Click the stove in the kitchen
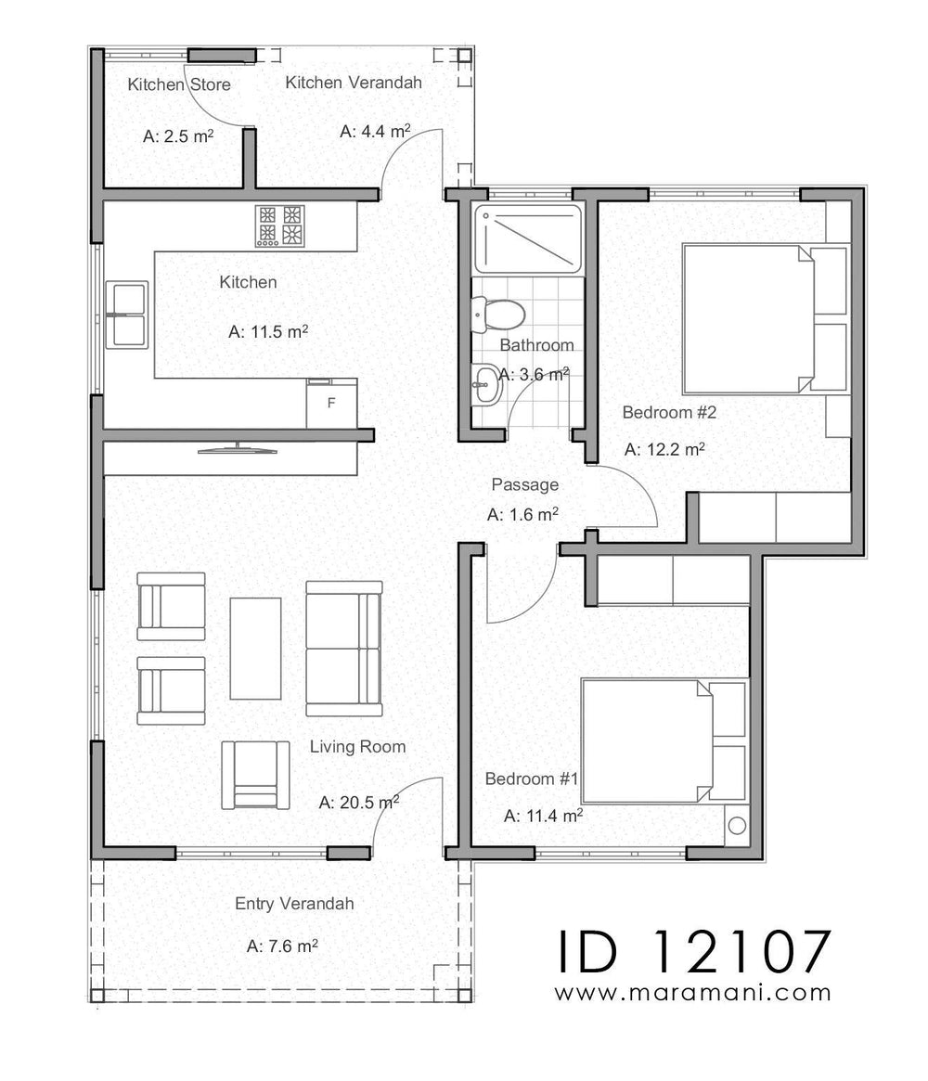[280, 225]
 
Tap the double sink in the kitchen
[128, 315]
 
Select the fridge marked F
[331, 404]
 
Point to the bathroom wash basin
[485, 383]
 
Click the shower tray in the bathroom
[527, 238]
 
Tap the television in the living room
[238, 450]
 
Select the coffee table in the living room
[255, 648]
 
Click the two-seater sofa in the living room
[343, 648]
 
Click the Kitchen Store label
[179, 85]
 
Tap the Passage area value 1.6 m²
[522, 514]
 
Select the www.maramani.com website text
[692, 993]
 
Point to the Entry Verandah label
[294, 904]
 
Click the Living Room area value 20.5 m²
[358, 803]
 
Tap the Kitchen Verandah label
[354, 83]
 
